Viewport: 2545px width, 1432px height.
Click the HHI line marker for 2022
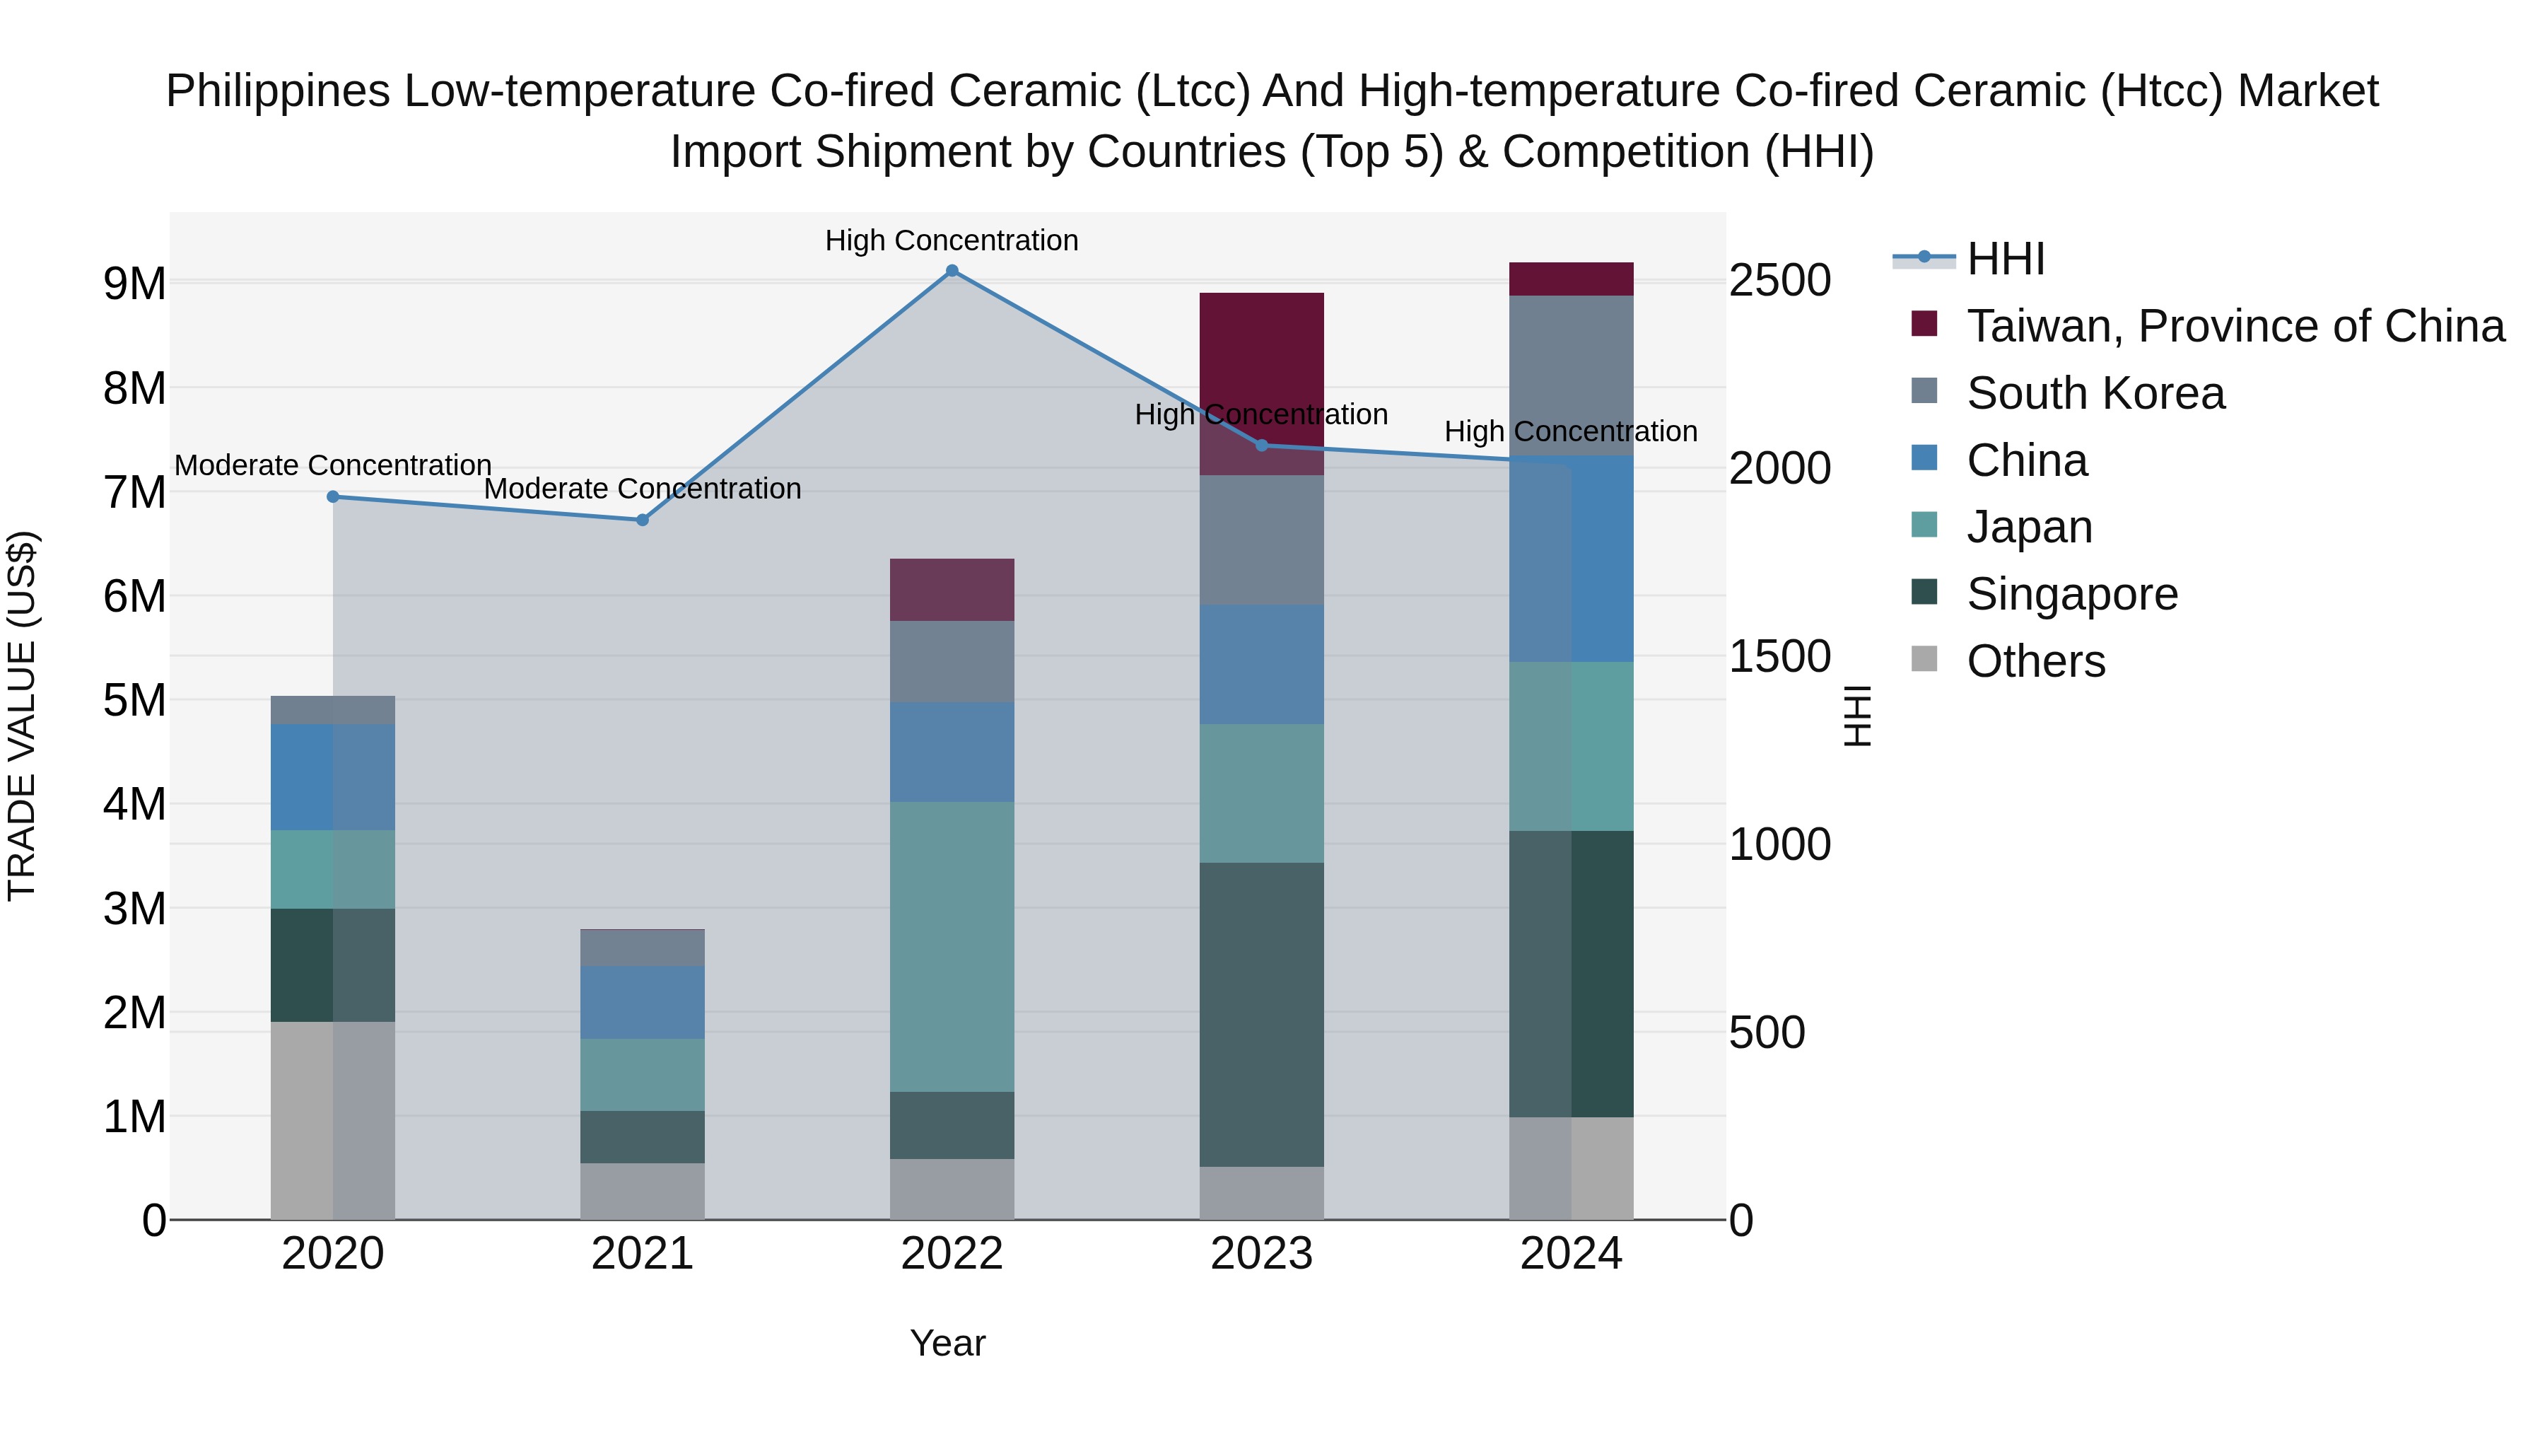[952, 271]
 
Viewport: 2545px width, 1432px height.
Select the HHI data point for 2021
[642, 520]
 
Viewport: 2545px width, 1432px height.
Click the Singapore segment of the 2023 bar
[1262, 1014]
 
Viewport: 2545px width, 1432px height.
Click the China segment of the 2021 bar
[642, 1002]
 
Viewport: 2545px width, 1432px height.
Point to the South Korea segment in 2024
[1571, 376]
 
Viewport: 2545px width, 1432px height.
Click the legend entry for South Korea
[2095, 393]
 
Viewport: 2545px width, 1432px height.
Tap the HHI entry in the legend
[2005, 259]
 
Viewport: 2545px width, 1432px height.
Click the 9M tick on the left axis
[134, 284]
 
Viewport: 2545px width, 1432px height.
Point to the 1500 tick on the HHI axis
[1779, 656]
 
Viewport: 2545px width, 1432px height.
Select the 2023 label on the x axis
[1262, 1254]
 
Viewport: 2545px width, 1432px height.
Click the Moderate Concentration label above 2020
[332, 465]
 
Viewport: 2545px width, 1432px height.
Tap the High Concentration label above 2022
[952, 240]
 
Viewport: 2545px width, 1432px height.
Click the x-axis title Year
[947, 1343]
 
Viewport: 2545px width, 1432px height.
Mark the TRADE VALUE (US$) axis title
[22, 716]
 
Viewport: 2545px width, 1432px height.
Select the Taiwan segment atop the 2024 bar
[1571, 279]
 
